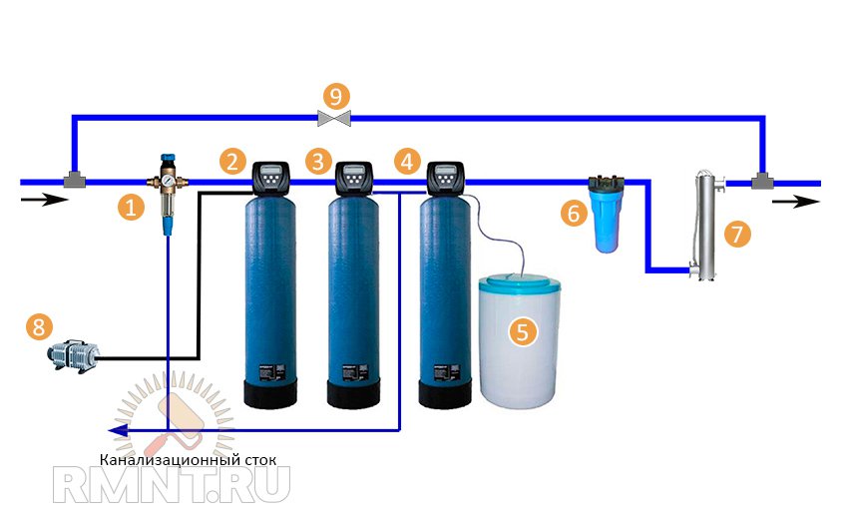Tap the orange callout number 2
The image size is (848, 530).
coord(233,161)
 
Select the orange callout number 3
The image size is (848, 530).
coord(318,160)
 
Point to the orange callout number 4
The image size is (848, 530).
coord(406,160)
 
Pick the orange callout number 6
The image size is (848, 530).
coord(573,213)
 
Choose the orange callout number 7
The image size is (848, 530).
coord(737,234)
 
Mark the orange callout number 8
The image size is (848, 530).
coord(39,326)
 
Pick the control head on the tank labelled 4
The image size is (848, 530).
coord(444,179)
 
